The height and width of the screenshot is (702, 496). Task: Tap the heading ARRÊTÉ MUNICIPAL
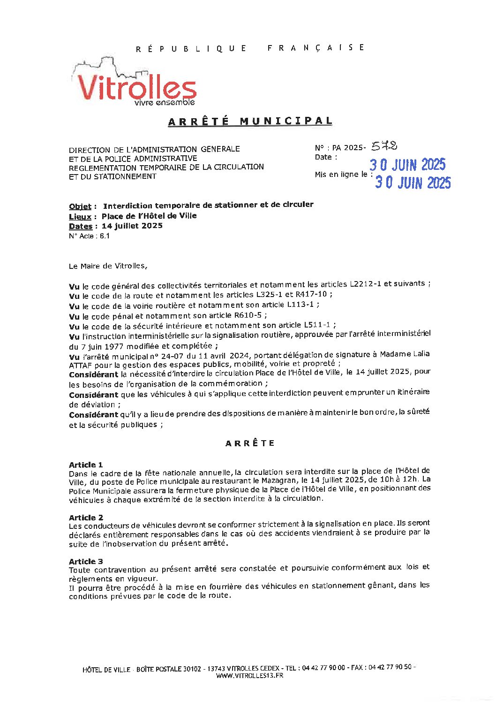tap(250, 121)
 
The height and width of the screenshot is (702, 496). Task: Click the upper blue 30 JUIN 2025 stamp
tap(407, 165)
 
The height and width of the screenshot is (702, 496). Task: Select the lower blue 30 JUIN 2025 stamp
tap(413, 183)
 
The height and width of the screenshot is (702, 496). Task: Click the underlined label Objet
tap(80, 206)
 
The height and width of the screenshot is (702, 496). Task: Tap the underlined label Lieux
tap(80, 217)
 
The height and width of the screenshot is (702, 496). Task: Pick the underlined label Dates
tap(80, 226)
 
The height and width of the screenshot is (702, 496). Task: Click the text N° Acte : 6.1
tap(89, 236)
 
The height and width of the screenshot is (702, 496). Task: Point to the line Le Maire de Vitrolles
tap(108, 266)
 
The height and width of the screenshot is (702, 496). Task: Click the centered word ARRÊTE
tap(250, 443)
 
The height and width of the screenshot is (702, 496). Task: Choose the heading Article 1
tap(86, 465)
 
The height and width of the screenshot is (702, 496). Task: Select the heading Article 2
tap(86, 518)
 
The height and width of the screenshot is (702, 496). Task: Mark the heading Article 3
tap(86, 561)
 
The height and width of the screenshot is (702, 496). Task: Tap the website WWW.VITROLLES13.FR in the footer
tap(249, 676)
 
